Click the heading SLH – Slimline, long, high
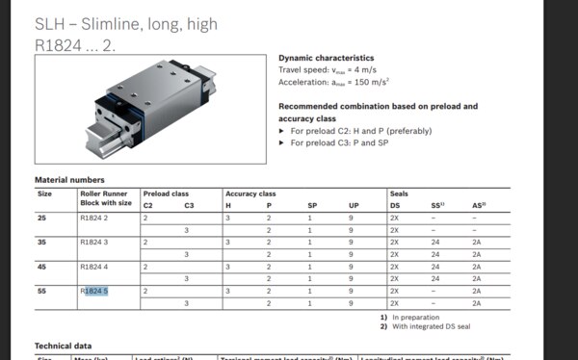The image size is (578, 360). tap(126, 23)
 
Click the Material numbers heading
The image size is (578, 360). tap(70, 180)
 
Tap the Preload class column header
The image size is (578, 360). tap(167, 193)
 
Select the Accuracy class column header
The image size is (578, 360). tap(250, 193)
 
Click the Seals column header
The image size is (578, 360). tap(400, 193)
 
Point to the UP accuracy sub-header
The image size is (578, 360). tap(355, 205)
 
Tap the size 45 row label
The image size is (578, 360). tap(42, 266)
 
